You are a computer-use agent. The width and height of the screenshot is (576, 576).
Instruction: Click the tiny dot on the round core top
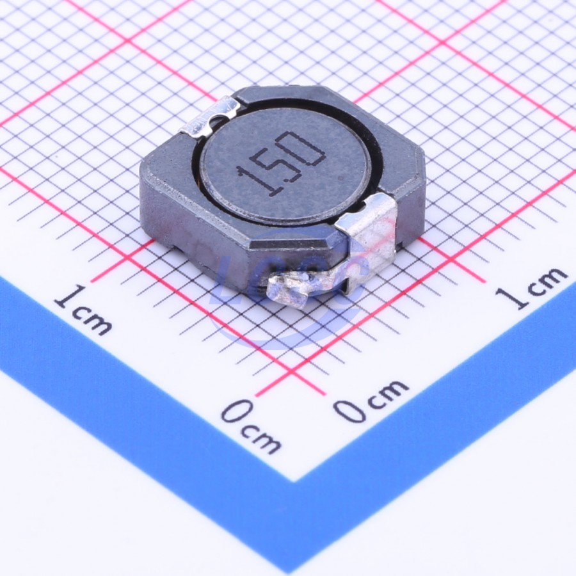click(342, 179)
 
